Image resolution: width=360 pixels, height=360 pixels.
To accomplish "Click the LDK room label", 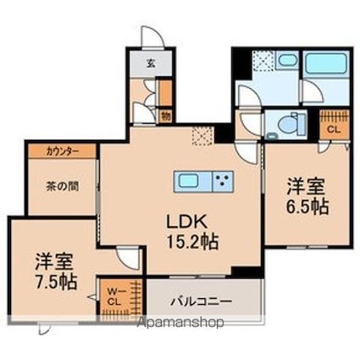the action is pyautogui.click(x=187, y=222).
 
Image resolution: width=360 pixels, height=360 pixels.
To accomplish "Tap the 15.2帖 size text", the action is pyautogui.click(x=192, y=241).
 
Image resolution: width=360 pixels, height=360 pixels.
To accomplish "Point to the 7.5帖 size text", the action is pyautogui.click(x=56, y=281).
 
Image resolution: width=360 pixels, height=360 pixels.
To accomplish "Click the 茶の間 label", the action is pyautogui.click(x=63, y=186).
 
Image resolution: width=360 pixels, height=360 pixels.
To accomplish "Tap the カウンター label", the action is pyautogui.click(x=63, y=152).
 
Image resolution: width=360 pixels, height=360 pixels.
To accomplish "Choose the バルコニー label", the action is pyautogui.click(x=201, y=302).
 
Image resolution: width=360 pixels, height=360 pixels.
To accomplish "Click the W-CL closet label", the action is pyautogui.click(x=114, y=296).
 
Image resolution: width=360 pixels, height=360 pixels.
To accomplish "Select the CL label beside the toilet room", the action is pyautogui.click(x=334, y=130).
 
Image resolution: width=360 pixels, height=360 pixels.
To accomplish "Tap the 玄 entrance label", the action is pyautogui.click(x=150, y=64).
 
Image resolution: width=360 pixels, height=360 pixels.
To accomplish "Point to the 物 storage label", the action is pyautogui.click(x=166, y=116).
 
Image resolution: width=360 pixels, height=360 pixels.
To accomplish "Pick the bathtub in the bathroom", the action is pyautogui.click(x=327, y=63).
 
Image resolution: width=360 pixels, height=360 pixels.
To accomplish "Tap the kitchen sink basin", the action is pyautogui.click(x=188, y=181).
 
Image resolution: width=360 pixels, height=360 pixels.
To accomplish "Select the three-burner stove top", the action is pyautogui.click(x=223, y=182).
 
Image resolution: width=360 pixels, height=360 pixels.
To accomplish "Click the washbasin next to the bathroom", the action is pyautogui.click(x=286, y=60).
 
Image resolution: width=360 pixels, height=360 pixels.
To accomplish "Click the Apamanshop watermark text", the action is pyautogui.click(x=180, y=322).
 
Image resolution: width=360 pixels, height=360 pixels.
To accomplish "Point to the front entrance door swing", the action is pyautogui.click(x=152, y=36).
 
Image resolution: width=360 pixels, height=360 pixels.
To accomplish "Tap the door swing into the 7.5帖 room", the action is pyautogui.click(x=128, y=258).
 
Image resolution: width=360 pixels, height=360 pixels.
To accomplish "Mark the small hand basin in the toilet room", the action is pyautogui.click(x=273, y=136).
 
